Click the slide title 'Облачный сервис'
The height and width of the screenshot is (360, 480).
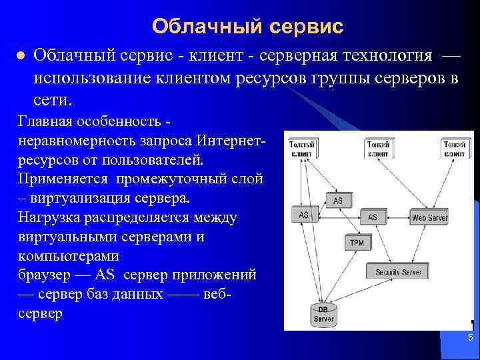pos(247,26)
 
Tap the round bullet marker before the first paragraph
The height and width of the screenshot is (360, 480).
pos(20,55)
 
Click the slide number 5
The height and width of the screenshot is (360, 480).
pos(470,338)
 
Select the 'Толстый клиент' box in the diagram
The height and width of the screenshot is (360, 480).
pos(303,148)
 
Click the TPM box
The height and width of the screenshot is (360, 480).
pos(357,243)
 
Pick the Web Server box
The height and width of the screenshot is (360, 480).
pos(429,217)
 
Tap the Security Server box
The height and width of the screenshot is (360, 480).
pos(398,272)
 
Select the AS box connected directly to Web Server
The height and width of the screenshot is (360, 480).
pos(372,217)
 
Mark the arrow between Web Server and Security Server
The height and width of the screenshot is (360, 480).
pos(415,244)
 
